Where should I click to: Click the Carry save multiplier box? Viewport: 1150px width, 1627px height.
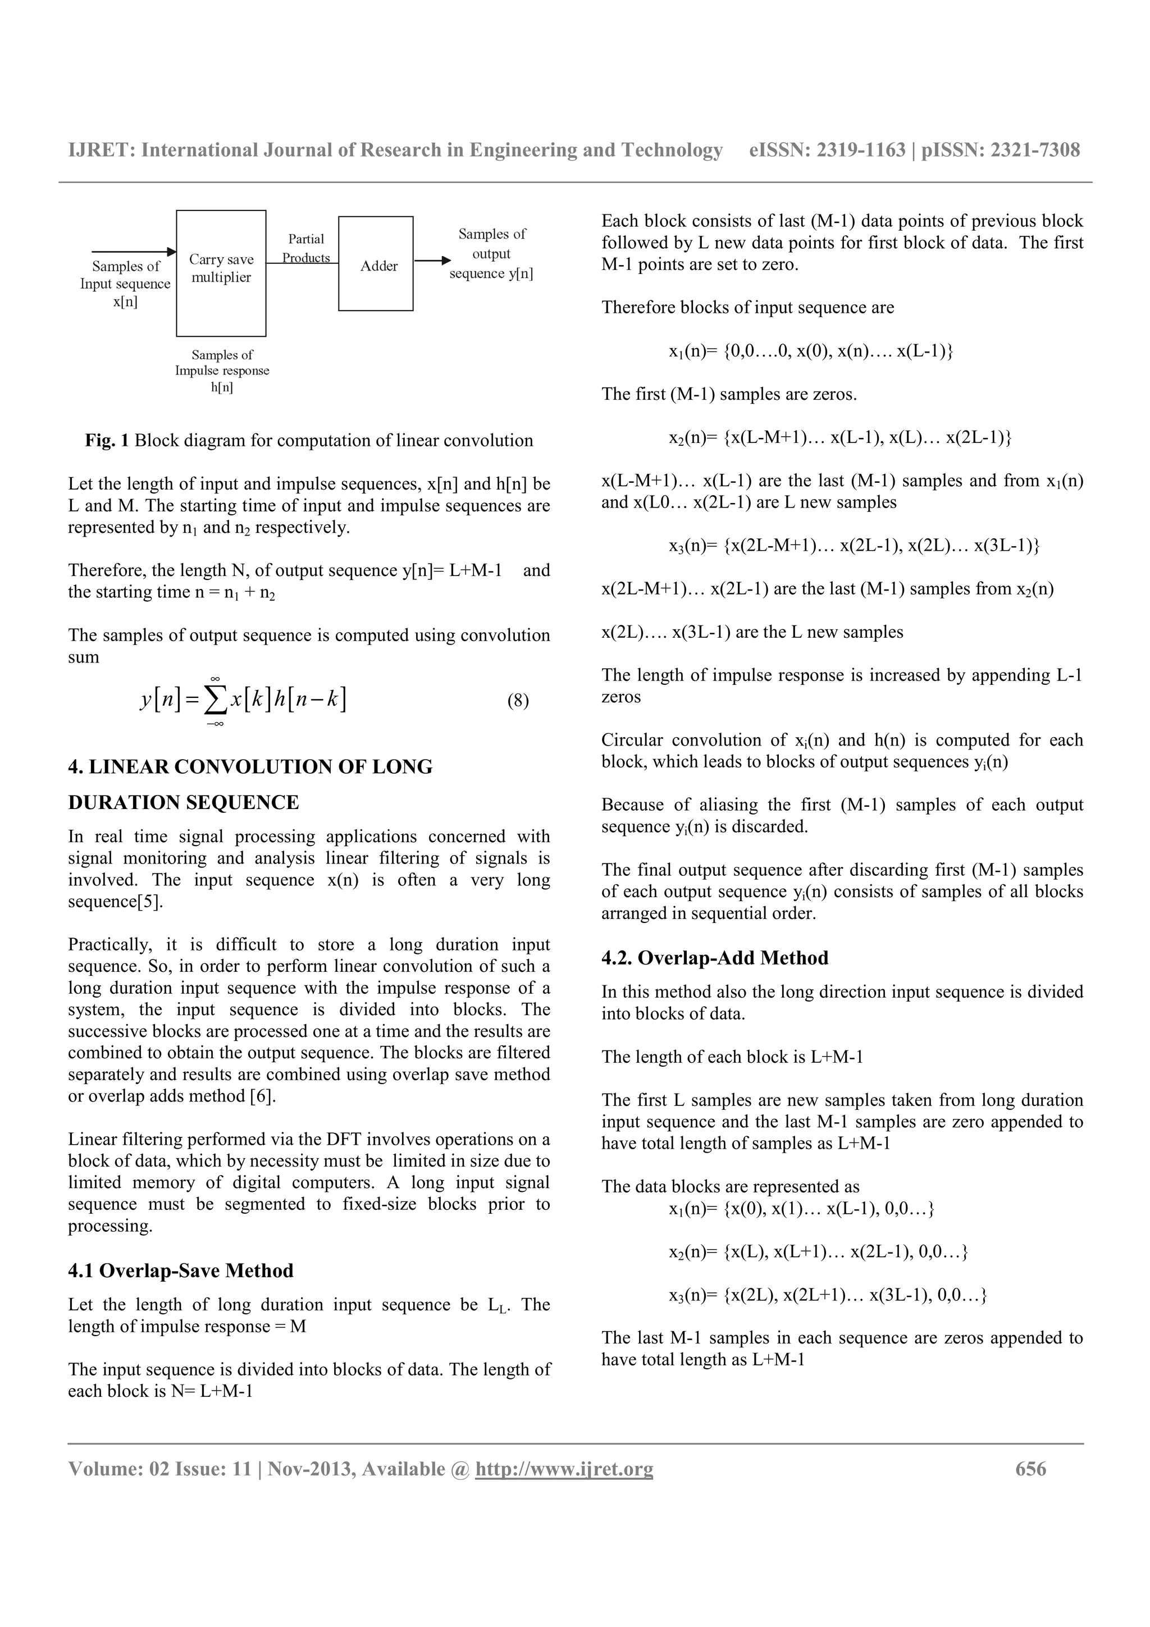(221, 273)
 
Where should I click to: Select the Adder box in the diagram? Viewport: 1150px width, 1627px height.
(376, 264)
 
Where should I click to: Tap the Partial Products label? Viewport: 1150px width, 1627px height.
(306, 248)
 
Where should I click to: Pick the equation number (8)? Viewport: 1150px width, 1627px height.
(518, 701)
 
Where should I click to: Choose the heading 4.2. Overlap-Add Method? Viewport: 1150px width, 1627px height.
(715, 958)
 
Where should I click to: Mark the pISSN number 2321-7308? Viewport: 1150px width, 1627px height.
(1035, 150)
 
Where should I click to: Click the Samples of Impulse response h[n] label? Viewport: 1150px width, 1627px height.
(222, 371)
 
